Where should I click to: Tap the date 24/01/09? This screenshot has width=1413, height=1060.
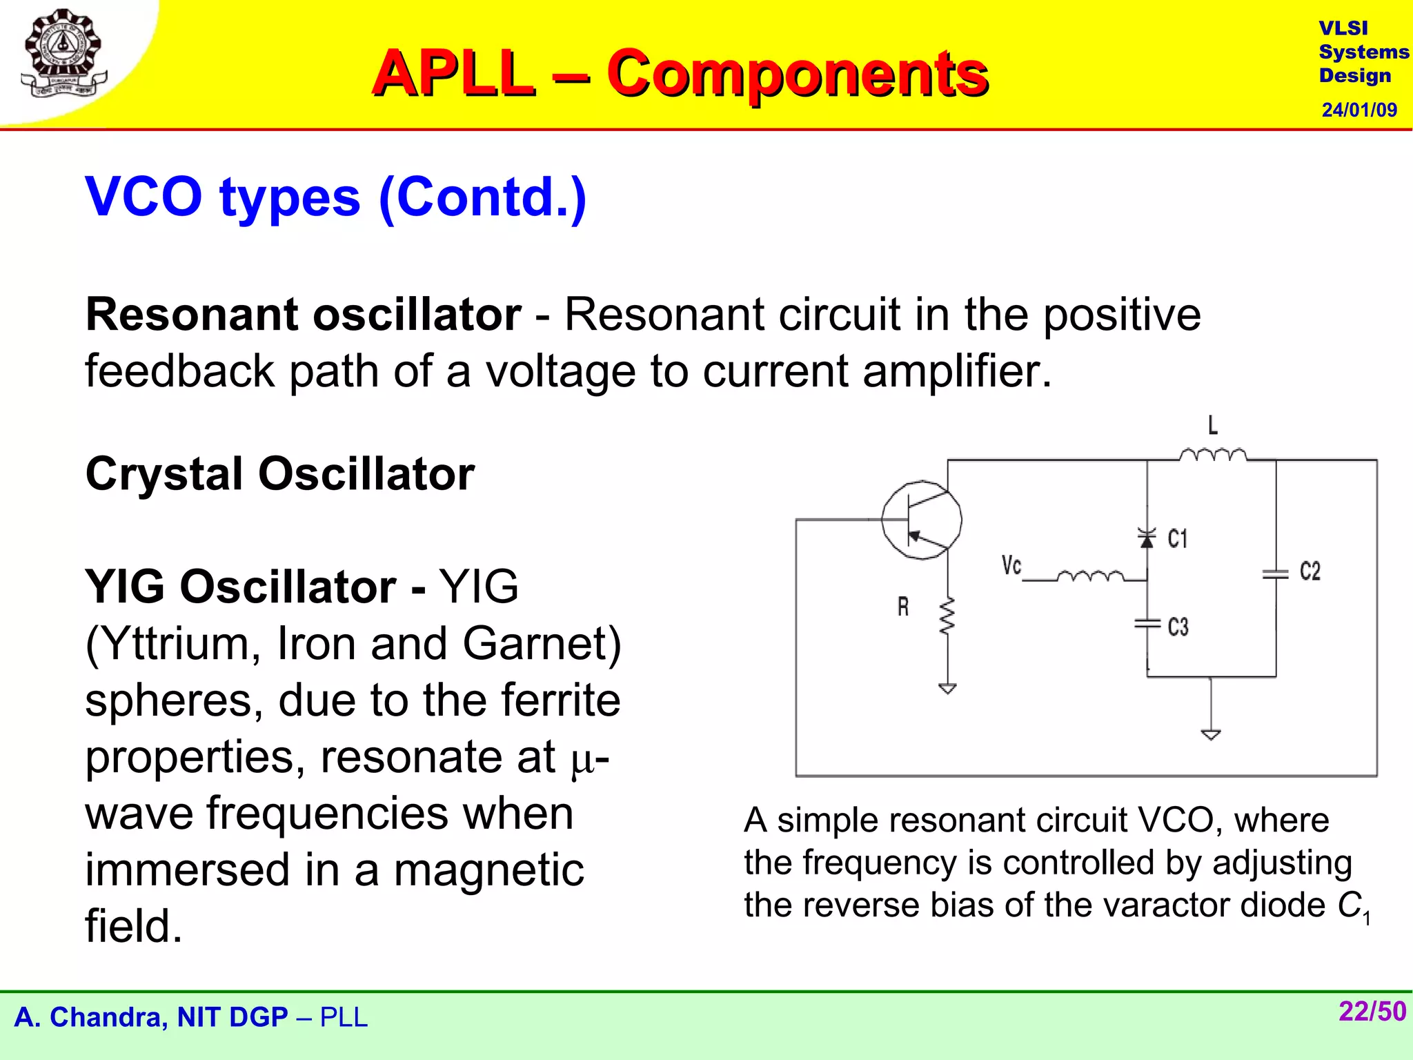pyautogui.click(x=1358, y=110)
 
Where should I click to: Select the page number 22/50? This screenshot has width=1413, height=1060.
pyautogui.click(x=1372, y=1011)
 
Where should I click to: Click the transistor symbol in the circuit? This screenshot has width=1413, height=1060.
pyautogui.click(x=921, y=520)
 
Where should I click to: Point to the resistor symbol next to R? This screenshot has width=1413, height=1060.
pyautogui.click(x=947, y=616)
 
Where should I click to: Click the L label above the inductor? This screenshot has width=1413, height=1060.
pyautogui.click(x=1212, y=425)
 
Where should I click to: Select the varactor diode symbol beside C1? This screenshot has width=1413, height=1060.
pyautogui.click(x=1147, y=538)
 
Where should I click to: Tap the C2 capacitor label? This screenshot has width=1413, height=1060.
pyautogui.click(x=1310, y=571)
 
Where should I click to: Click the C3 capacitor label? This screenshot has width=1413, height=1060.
pyautogui.click(x=1178, y=627)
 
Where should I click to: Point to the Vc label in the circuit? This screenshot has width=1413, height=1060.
pyautogui.click(x=1011, y=565)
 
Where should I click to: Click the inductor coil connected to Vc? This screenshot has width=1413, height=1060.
pyautogui.click(x=1090, y=576)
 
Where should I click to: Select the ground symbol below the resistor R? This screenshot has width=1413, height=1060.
pyautogui.click(x=947, y=688)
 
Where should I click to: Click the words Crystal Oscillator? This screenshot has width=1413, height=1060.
pyautogui.click(x=280, y=474)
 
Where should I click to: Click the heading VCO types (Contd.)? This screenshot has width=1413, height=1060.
pyautogui.click(x=336, y=197)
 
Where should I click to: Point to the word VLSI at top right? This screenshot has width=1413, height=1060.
pyautogui.click(x=1343, y=28)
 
